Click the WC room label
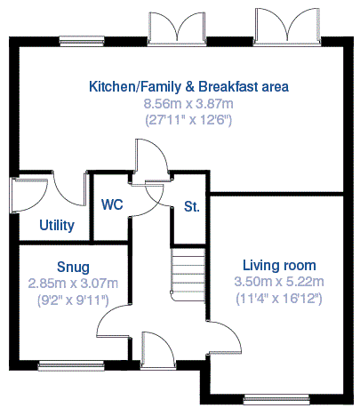coord(112,204)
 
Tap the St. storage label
coord(192,206)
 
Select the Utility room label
coord(57,225)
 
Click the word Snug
coord(73,267)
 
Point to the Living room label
coord(279,265)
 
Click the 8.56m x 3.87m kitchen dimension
coord(188,104)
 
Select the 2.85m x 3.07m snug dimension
coord(73,284)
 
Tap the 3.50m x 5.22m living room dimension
coord(279,281)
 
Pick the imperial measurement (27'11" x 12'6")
coord(188,120)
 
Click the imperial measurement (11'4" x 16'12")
coord(279,298)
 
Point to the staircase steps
coord(188,275)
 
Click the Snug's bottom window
coord(71,365)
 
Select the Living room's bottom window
coord(276,400)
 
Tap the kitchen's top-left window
coord(82,41)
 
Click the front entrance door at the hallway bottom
coord(157,351)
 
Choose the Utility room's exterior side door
coord(28,196)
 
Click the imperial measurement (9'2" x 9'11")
coord(73,300)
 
